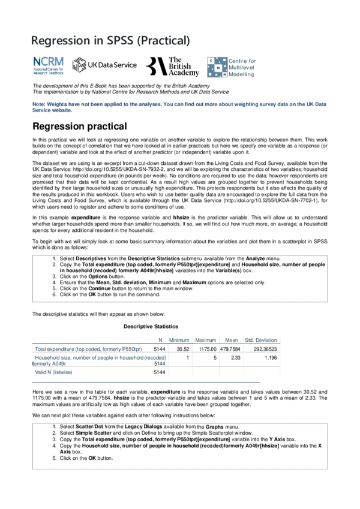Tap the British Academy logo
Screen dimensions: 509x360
click(x=170, y=67)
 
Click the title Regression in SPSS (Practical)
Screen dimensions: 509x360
click(x=110, y=41)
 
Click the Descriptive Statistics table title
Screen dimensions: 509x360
click(x=151, y=326)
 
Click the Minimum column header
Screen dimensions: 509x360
click(x=179, y=340)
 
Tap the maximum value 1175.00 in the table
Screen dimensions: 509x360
click(x=205, y=349)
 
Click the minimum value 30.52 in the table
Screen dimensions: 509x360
click(x=183, y=349)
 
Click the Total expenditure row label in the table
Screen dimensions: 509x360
click(x=88, y=349)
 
